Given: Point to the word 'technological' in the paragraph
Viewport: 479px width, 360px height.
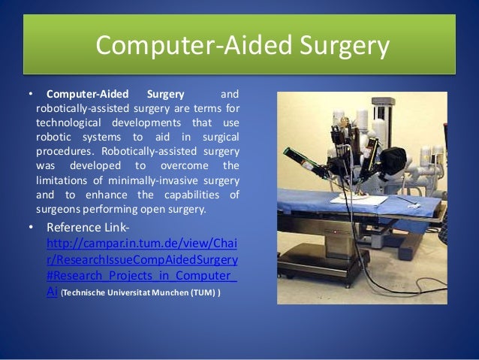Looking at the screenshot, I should pos(69,123).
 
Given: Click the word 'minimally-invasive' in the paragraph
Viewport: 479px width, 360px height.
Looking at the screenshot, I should pos(155,180).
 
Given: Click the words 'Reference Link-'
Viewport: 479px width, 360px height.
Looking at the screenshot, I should pos(89,228).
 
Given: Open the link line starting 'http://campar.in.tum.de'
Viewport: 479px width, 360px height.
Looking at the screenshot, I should pos(141,244).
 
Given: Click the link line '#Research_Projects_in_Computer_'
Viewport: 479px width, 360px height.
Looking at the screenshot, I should pos(141,276).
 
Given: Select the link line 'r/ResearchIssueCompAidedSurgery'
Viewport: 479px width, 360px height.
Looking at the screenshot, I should pos(141,259).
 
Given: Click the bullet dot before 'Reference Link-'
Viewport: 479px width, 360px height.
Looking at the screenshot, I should pos(31,228).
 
